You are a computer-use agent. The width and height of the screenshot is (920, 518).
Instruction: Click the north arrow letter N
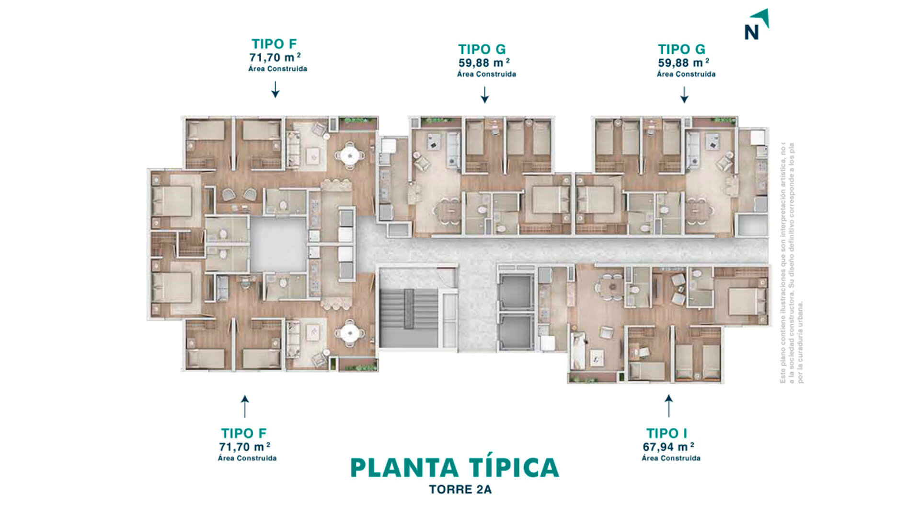(751, 32)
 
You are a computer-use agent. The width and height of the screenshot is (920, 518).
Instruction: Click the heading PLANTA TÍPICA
(454, 468)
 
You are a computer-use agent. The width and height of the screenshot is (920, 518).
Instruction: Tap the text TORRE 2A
(460, 490)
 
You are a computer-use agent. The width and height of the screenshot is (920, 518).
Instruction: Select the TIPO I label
(667, 433)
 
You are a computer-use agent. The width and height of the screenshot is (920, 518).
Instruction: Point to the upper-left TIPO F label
(274, 44)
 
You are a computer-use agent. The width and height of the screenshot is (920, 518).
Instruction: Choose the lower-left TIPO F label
(243, 433)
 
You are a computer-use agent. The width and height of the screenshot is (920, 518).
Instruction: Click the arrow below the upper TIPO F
(275, 90)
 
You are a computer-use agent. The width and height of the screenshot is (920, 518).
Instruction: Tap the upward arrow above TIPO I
(668, 406)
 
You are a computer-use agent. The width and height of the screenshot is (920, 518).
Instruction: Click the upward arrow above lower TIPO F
(245, 406)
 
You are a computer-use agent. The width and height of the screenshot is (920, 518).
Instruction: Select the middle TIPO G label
(482, 49)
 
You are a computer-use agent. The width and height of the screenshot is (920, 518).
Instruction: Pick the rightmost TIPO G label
(681, 49)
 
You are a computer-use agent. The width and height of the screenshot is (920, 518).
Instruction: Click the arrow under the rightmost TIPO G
(684, 94)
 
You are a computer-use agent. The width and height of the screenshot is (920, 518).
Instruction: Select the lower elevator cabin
(516, 331)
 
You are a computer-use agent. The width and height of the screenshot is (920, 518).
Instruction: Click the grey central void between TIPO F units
(278, 244)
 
